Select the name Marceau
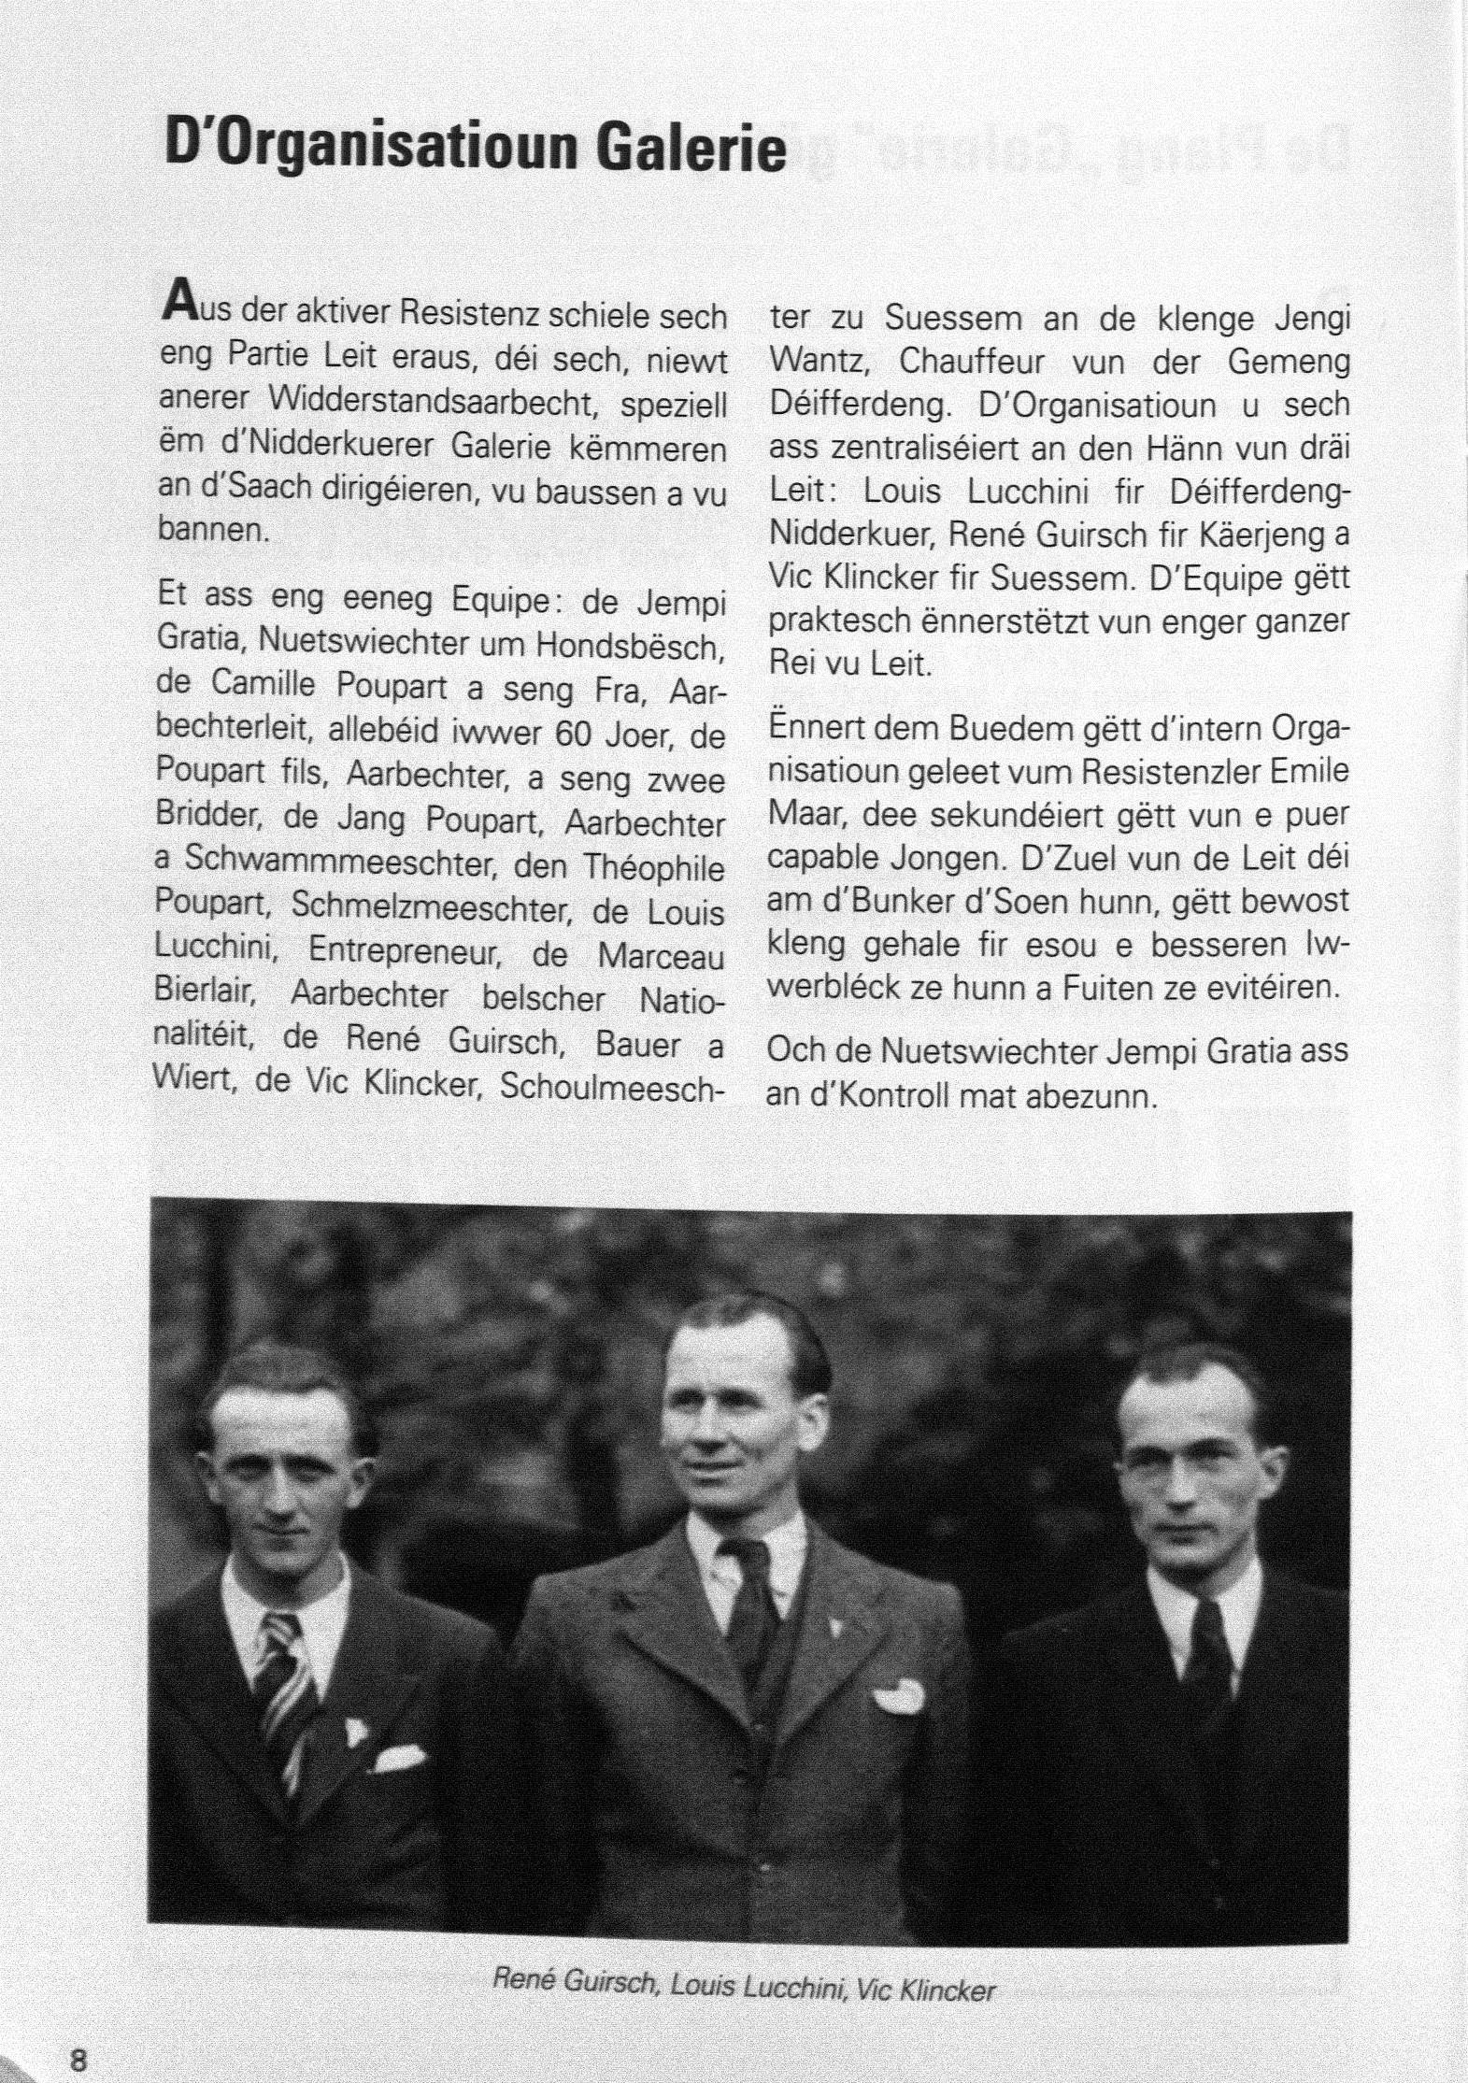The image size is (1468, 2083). click(x=661, y=956)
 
